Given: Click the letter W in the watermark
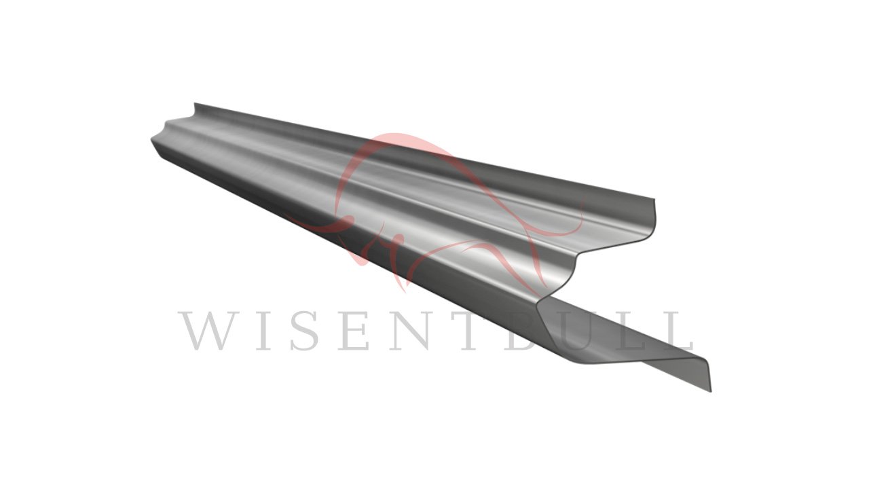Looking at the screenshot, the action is [210, 330].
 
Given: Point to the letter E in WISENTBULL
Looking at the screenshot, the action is [354, 330].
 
